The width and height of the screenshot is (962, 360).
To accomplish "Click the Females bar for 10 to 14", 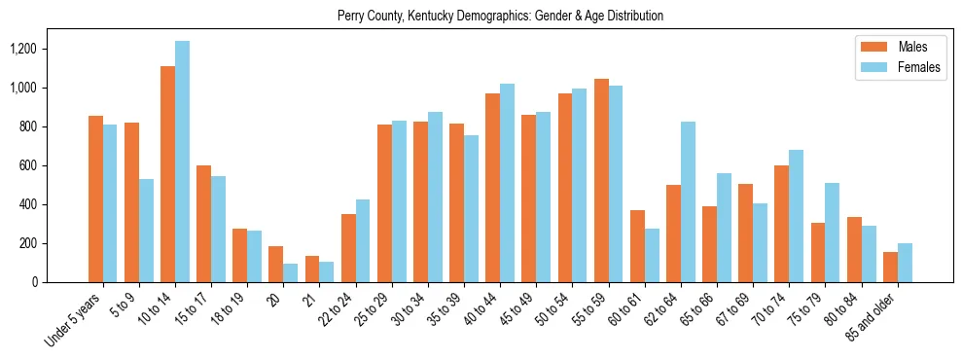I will (183, 162).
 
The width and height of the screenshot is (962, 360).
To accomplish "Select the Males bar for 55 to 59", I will (601, 181).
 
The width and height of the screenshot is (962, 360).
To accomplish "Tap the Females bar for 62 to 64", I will (688, 202).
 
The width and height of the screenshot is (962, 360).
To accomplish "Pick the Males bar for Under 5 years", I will (95, 199).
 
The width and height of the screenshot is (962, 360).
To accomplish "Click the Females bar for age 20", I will (291, 273).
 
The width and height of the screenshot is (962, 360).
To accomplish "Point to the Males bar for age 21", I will (312, 270).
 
